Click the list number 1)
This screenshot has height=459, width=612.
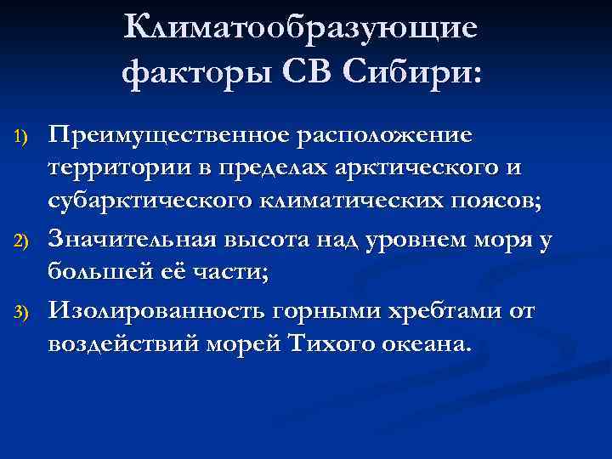point(23,139)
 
